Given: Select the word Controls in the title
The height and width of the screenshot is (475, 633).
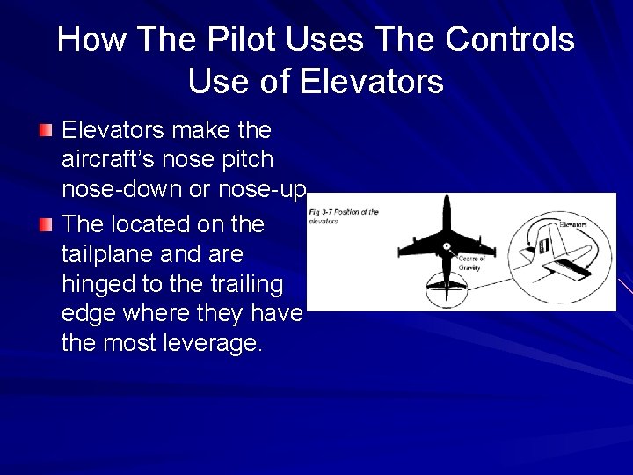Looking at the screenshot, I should coord(510,40).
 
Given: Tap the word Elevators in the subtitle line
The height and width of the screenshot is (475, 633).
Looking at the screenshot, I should coord(372,82).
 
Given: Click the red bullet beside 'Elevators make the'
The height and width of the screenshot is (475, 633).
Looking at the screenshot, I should coord(46,131).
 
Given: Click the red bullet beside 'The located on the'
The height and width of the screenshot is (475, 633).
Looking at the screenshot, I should coord(46,225).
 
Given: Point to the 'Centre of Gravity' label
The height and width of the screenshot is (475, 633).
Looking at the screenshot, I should coord(472,262).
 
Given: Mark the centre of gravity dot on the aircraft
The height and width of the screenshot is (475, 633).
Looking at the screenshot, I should coord(447,245).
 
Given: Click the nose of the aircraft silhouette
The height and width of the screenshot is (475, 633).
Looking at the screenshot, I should coord(447,201).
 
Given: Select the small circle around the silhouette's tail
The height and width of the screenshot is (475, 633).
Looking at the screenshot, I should coord(447,287).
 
